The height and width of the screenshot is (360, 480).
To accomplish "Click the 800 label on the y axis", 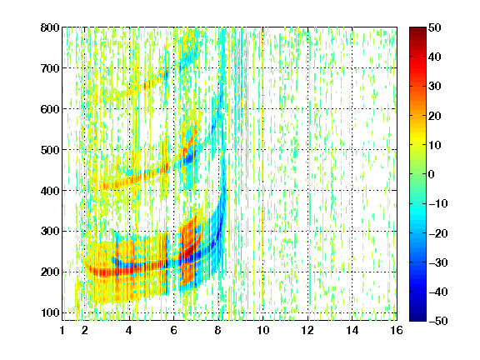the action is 50,27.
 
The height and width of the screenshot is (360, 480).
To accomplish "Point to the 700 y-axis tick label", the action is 50,68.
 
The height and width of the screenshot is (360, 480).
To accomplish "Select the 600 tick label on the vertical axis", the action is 50,109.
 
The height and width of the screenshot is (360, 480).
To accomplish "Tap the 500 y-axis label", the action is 50,150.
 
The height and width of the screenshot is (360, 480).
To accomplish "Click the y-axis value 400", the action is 50,191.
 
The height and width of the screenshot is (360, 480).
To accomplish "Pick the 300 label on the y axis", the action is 50,231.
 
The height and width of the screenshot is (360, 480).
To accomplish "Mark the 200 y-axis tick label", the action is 50,272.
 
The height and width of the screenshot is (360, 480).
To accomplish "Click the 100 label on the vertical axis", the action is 50,312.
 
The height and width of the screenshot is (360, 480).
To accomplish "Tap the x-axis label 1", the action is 62,330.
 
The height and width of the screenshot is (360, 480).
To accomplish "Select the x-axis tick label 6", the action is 173,330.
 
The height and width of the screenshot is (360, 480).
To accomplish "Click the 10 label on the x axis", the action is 262,330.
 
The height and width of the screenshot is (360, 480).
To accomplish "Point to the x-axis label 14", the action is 352,330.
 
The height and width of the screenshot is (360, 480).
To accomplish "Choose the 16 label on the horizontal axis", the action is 397,330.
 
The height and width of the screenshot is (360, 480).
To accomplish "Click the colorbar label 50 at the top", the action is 435,27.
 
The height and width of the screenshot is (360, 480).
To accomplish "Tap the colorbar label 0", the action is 432,174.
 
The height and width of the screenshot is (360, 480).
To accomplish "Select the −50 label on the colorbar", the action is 437,321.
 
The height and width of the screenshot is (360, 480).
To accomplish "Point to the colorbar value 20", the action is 435,116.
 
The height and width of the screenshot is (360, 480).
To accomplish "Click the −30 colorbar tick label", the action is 437,262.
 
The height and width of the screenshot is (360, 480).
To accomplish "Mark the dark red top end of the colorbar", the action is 417,29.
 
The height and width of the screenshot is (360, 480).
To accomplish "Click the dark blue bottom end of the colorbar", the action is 417,318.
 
